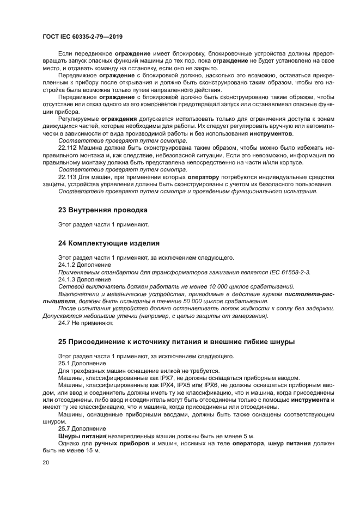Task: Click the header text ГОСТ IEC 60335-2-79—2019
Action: point(82,36)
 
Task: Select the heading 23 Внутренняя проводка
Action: point(102,210)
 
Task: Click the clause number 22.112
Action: point(69,148)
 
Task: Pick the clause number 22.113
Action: point(69,177)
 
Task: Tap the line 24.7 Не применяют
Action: point(86,323)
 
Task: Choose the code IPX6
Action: point(204,385)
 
